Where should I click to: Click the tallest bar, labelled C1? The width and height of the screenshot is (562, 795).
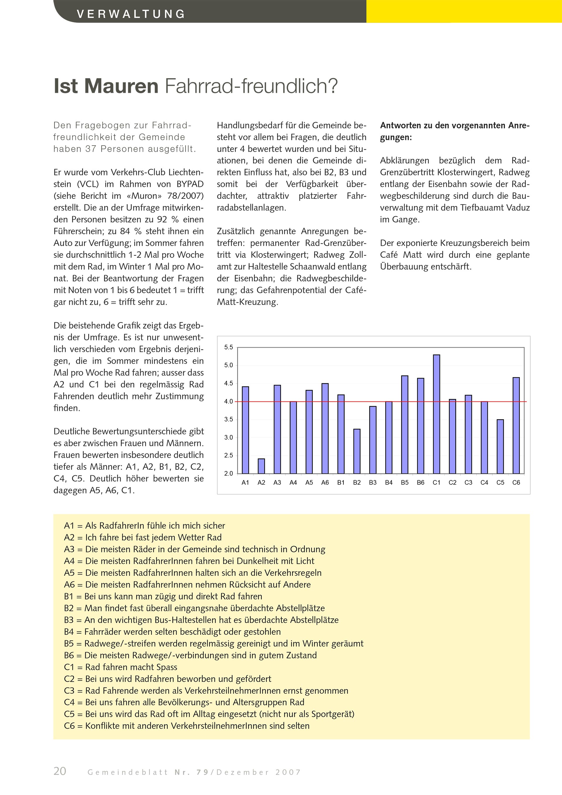436,414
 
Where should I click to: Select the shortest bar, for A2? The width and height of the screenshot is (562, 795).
261,466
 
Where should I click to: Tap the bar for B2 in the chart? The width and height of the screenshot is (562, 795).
357,451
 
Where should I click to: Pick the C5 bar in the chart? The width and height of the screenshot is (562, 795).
500,446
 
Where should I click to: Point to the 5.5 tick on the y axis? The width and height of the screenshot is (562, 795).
228,347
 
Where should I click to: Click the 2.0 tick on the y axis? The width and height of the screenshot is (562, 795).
228,473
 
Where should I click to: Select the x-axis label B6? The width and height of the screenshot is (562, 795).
420,482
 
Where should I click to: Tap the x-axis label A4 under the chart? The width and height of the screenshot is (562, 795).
293,482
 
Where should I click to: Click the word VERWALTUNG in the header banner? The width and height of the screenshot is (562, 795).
131,14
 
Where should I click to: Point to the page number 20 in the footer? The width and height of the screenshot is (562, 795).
60,771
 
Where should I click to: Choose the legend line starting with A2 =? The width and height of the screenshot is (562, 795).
143,537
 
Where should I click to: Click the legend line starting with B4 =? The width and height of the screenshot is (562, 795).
172,632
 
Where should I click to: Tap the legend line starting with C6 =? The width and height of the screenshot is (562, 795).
186,726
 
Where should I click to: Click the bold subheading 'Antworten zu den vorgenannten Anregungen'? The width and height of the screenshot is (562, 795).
454,131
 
